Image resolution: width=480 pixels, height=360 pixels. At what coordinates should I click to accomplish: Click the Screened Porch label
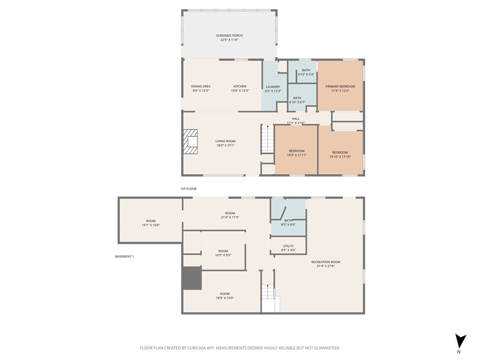[x=229, y=36]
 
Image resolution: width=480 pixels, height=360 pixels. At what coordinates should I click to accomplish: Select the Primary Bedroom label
[x=340, y=86]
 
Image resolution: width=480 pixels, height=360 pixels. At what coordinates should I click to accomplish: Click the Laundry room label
[x=273, y=87]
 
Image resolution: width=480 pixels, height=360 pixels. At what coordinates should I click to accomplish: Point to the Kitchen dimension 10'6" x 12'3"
[x=240, y=90]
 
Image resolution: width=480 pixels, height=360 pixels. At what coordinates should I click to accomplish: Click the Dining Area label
[x=201, y=86]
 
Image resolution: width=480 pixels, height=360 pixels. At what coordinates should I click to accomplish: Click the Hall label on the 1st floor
[x=295, y=119]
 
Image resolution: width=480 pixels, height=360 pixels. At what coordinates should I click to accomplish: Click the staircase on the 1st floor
[x=267, y=139]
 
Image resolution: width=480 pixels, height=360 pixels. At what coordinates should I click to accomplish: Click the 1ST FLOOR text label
[x=188, y=189]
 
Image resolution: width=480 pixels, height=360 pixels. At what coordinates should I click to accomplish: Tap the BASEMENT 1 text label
[x=125, y=256]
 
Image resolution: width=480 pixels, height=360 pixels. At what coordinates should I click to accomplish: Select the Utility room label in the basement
[x=288, y=246]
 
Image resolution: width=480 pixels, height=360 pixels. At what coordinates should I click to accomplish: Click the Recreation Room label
[x=326, y=262]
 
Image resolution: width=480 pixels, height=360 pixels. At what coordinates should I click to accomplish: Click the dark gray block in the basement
[x=191, y=278]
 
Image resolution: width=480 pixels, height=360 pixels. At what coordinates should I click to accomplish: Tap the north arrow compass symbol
[x=460, y=341]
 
